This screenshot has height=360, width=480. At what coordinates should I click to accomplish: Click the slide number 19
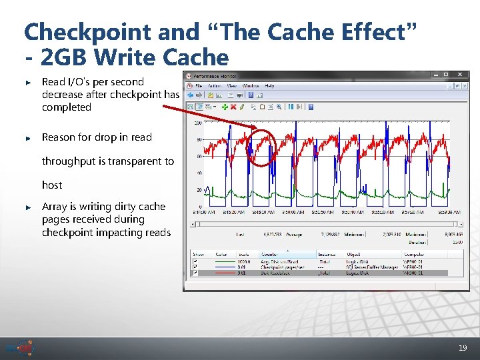pos(463,348)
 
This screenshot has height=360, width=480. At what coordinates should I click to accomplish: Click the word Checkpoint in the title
pos(78,31)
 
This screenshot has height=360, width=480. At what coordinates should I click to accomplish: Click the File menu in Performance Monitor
pos(199,85)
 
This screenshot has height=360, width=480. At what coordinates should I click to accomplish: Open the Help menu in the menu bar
pos(269,85)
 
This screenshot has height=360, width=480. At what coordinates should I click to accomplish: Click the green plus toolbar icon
pos(225,106)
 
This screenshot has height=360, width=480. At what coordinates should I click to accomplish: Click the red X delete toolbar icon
pos(233,106)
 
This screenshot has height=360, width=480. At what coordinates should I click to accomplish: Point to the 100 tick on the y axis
pos(198,123)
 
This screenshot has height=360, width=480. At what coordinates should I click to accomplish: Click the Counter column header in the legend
pos(269,254)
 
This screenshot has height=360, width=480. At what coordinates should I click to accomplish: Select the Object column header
pos(353,254)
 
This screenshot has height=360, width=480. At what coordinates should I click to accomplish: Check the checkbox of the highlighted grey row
pos(195,273)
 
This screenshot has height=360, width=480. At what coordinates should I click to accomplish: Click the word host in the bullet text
pos(52,185)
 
